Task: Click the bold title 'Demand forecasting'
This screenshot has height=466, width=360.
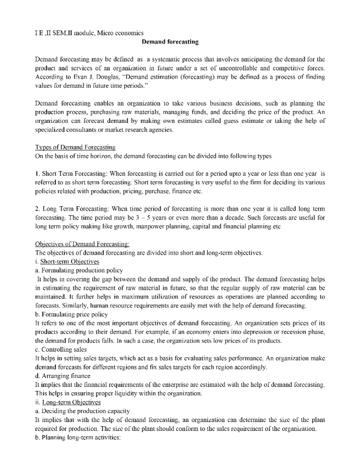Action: pyautogui.click(x=170, y=42)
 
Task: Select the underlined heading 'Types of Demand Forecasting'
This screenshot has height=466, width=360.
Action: pyautogui.click(x=75, y=147)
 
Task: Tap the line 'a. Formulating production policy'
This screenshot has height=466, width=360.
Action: pyautogui.click(x=79, y=270)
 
